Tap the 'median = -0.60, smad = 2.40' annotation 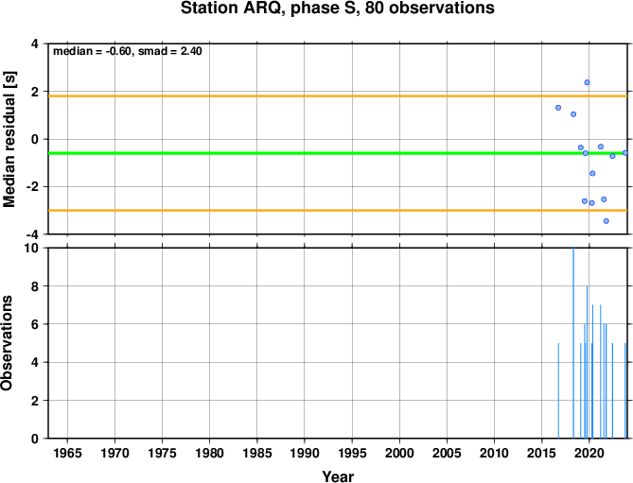128,51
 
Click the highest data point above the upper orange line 587,82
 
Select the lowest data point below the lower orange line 606,221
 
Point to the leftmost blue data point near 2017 558,108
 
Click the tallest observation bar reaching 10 573,343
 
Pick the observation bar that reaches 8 587,362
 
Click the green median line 338,153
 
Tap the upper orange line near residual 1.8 338,96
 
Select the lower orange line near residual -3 338,211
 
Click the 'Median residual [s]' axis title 9,139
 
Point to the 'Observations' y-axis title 7,343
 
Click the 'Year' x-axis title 338,476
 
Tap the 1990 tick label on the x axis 305,453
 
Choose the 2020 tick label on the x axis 589,453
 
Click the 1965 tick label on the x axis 67,453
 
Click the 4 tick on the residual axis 35,43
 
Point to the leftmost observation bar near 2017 558,390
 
